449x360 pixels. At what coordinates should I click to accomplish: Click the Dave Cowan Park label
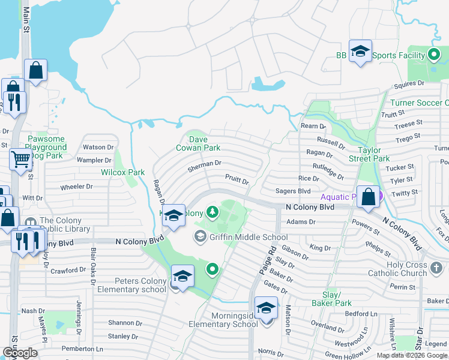[x=197, y=143]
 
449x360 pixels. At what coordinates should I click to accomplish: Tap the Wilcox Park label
[x=123, y=172]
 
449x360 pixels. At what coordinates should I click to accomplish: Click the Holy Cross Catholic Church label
[x=407, y=269]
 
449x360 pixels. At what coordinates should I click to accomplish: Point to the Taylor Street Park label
[x=373, y=154]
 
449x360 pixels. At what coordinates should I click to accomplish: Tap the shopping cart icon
[x=20, y=160]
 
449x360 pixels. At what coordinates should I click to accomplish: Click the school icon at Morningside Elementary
[x=266, y=308]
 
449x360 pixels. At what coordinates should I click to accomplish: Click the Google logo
[x=20, y=353]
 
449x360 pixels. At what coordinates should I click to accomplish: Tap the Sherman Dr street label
[x=204, y=163]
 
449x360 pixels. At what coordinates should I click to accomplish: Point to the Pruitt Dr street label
[x=237, y=179]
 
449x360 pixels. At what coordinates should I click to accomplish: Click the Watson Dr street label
[x=98, y=147]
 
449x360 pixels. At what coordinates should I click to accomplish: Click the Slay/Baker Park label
[x=336, y=299]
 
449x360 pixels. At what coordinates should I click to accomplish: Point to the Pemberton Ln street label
[x=82, y=349]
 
